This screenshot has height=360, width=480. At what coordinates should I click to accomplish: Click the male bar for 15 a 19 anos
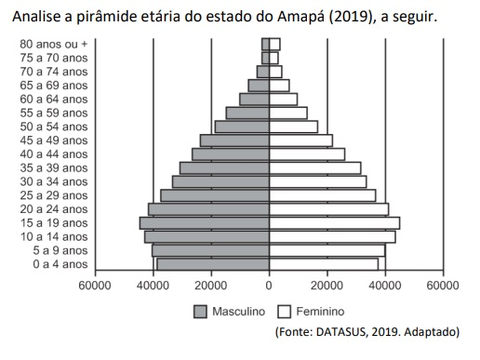pos(205,223)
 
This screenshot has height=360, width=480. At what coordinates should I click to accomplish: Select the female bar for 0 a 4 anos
pos(324,264)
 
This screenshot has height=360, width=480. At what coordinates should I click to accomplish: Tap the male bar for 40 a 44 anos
pos(231,154)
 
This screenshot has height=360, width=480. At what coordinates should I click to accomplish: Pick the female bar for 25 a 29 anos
pos(322,195)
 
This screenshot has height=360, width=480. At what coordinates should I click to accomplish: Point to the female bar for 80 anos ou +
pos(274,44)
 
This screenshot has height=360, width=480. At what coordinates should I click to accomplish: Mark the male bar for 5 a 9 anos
pos(210,250)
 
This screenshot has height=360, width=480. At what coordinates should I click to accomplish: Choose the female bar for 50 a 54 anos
pos(293,127)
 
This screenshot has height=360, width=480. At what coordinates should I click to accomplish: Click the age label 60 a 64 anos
pos(59,99)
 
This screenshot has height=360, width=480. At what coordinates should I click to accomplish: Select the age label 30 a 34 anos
pos(59,181)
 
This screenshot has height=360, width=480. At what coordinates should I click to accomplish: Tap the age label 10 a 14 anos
pos(59,236)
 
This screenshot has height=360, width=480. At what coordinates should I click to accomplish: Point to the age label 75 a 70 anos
pos(59,58)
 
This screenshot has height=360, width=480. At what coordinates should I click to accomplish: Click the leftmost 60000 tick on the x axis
pos(95,286)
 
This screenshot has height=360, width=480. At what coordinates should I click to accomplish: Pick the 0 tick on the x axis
pos(269,286)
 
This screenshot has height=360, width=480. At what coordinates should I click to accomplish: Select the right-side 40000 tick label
pos(385,286)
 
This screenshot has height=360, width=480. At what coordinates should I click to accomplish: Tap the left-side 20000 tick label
pos(211,286)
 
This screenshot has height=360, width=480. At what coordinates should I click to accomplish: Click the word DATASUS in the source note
pos(347,332)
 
